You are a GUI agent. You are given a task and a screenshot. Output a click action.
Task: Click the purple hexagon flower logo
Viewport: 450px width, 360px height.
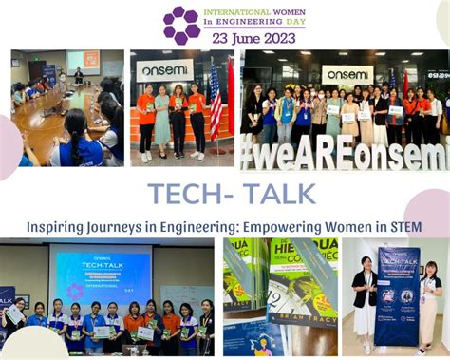[181, 26]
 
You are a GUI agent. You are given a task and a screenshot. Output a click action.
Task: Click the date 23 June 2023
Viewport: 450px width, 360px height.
[252, 38]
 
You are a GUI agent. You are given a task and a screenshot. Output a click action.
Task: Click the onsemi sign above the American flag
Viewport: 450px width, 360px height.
[164, 70]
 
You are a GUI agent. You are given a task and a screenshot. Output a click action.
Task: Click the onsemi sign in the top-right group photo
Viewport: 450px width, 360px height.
[347, 73]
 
